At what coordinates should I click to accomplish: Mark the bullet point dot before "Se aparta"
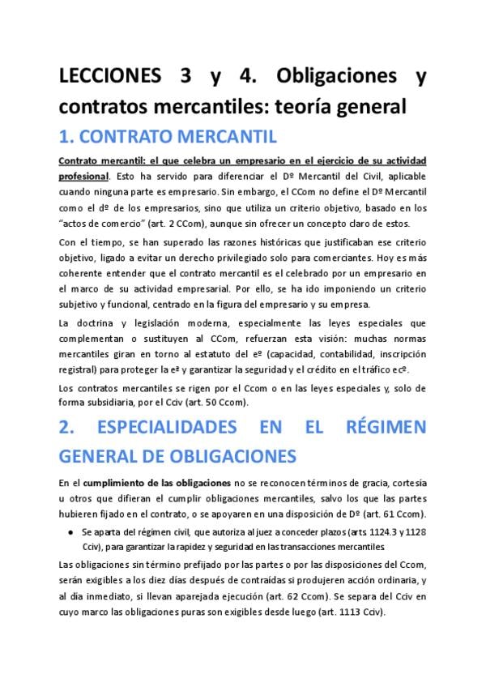[x=71, y=531]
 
